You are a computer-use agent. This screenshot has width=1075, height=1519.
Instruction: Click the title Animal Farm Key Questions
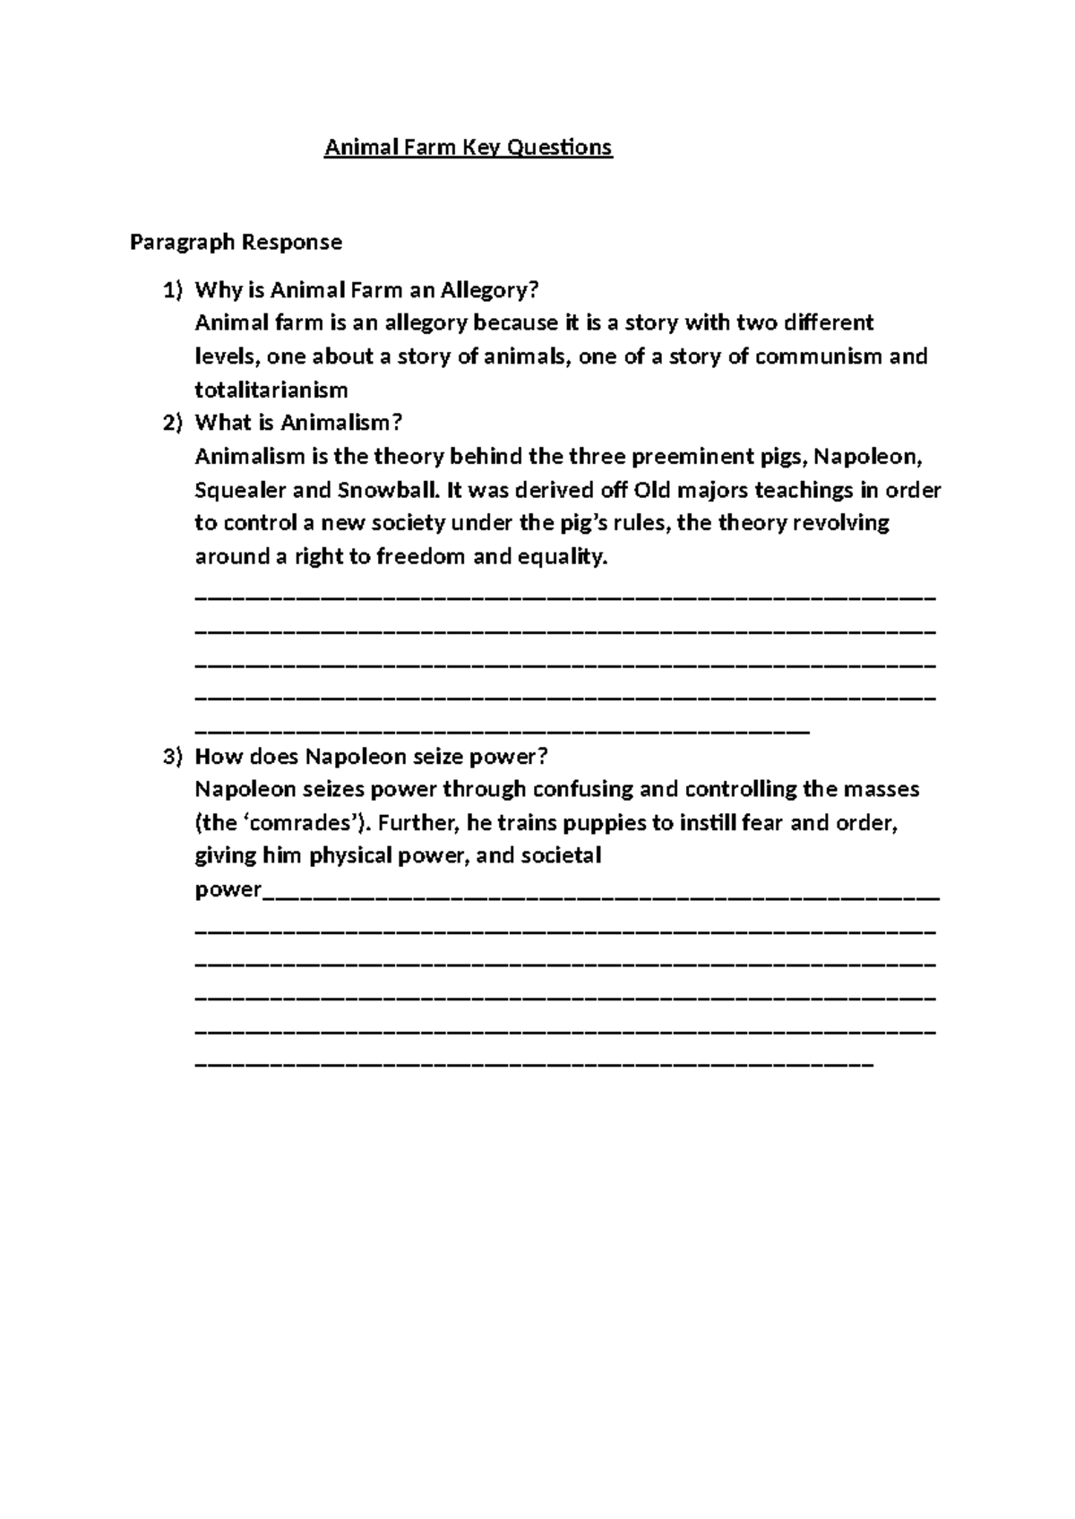[x=468, y=148]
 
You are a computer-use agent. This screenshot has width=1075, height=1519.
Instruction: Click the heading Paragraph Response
[x=236, y=242]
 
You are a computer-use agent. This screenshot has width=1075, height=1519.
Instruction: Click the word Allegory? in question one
[x=497, y=290]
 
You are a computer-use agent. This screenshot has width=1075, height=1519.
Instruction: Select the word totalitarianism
[x=271, y=390]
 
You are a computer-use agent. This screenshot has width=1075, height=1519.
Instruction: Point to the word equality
[x=563, y=557]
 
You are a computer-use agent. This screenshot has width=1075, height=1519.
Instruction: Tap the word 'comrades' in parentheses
[x=301, y=823]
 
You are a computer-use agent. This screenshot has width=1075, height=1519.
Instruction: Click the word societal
[x=559, y=856]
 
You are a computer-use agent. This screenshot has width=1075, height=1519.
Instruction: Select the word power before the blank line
[x=228, y=890]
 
